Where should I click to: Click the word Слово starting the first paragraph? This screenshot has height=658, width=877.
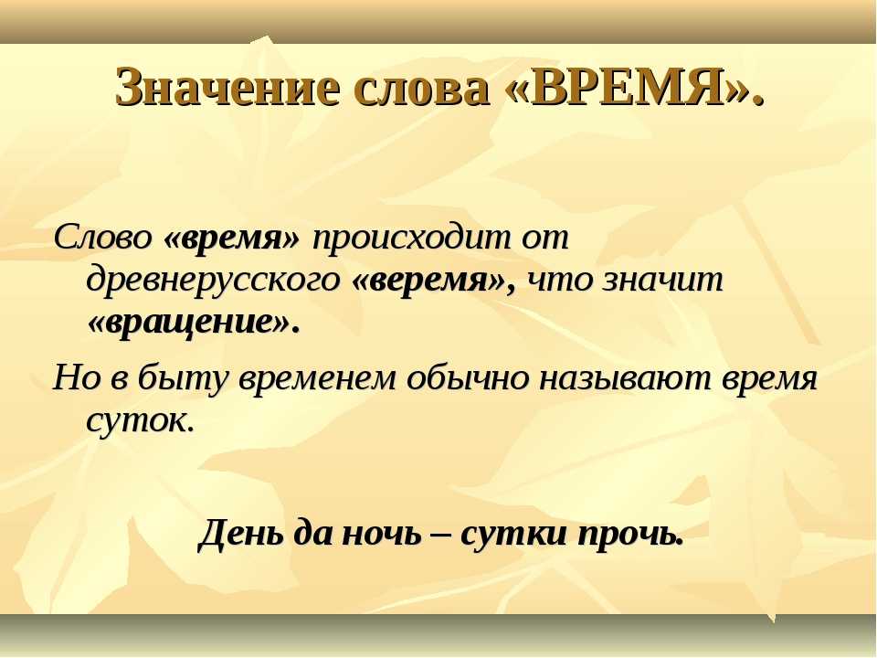tap(102, 238)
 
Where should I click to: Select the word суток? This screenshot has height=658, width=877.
tap(140, 420)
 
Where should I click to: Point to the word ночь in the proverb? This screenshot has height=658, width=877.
tap(380, 533)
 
